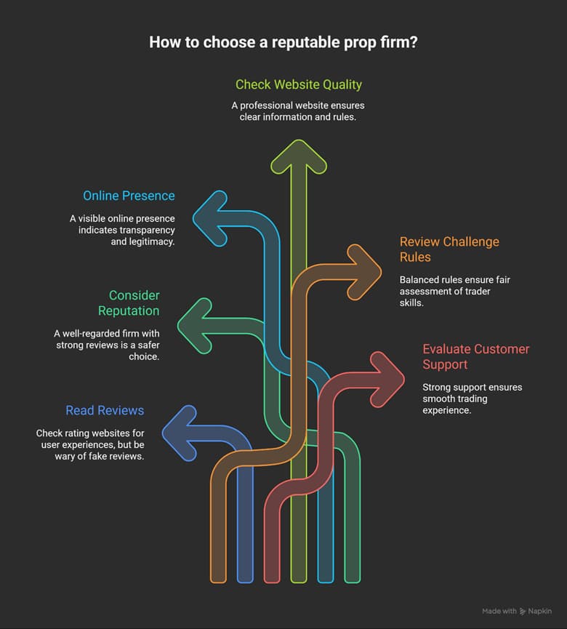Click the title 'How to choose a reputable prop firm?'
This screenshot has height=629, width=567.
pos(283,42)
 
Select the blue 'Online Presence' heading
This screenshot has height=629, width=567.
pos(129,196)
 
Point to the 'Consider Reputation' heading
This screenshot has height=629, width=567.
pos(134,303)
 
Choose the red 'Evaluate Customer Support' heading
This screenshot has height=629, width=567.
pos(476,356)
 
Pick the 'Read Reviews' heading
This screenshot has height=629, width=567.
pos(105,410)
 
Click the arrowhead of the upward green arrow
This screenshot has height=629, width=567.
pos(298,154)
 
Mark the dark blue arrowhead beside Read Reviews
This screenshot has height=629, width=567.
pos(179,433)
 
